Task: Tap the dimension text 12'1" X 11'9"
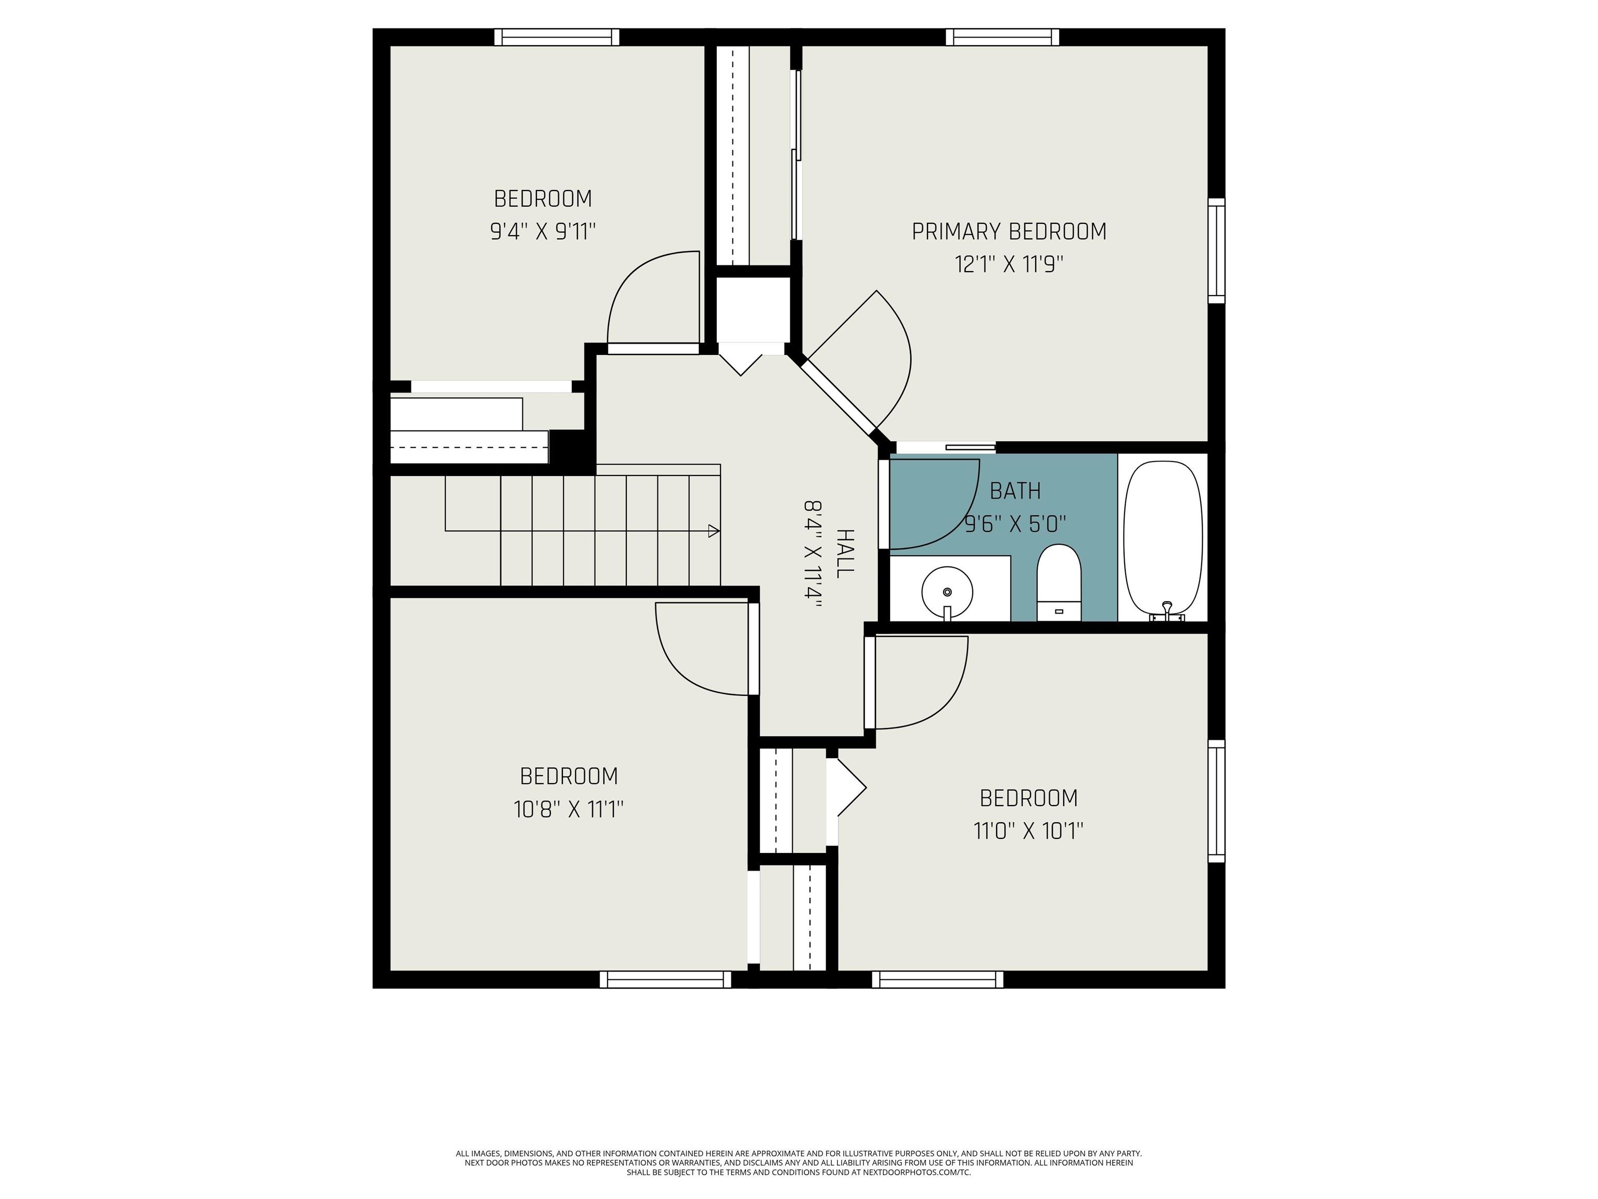(x=1009, y=264)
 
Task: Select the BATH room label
(x=1015, y=491)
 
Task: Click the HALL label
(x=844, y=553)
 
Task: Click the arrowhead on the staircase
(x=714, y=531)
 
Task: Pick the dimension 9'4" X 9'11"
(x=543, y=231)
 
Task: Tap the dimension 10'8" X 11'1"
(x=569, y=809)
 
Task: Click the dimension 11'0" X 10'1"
(x=1028, y=831)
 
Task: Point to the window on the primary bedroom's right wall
(x=1217, y=250)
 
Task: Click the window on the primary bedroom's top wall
(x=1003, y=37)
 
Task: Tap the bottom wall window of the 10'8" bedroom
(x=665, y=979)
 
